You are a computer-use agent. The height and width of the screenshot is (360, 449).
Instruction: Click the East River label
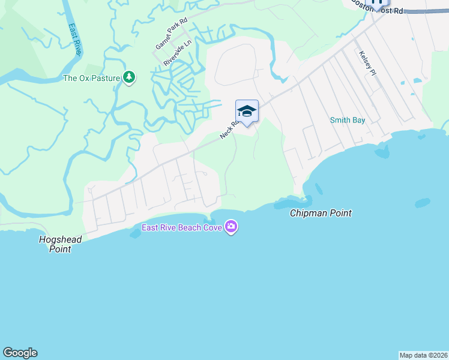pyautogui.click(x=74, y=40)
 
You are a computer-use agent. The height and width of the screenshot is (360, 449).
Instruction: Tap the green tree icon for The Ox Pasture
pyautogui.click(x=128, y=77)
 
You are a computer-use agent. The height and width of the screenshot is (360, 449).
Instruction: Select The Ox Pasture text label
pyautogui.click(x=92, y=78)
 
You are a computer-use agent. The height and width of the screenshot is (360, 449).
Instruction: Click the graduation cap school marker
pyautogui.click(x=247, y=111)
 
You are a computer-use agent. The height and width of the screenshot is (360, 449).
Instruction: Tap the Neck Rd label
pyautogui.click(x=229, y=129)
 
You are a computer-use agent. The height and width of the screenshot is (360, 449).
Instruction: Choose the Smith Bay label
pyautogui.click(x=348, y=120)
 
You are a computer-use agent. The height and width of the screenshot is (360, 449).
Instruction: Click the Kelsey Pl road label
pyautogui.click(x=367, y=63)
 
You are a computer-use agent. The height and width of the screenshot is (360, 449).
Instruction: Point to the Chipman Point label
pyautogui.click(x=321, y=213)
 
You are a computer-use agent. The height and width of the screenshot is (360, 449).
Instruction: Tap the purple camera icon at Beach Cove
pyautogui.click(x=231, y=226)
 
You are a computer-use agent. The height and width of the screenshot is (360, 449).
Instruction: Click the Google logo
pyautogui.click(x=20, y=352)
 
